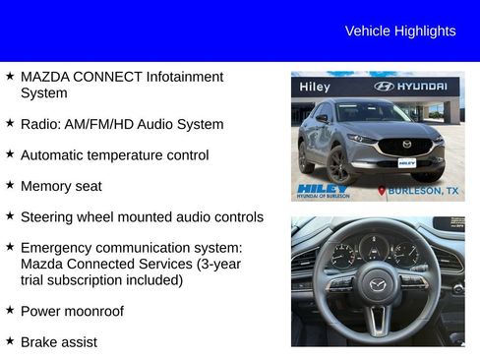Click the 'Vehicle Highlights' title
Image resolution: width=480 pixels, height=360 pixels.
click(399, 31)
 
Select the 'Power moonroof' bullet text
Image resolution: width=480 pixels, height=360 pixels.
click(72, 311)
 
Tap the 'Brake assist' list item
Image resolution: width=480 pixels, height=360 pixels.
click(58, 341)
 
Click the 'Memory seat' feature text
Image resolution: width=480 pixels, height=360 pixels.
click(61, 186)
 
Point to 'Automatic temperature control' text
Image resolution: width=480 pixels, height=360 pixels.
click(114, 155)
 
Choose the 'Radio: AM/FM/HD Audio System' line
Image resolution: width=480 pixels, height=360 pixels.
click(122, 124)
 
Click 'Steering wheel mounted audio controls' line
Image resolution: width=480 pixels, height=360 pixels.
click(142, 216)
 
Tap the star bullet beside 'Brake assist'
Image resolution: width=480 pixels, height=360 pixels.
click(10, 340)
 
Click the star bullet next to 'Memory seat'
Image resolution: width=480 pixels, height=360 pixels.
click(10, 185)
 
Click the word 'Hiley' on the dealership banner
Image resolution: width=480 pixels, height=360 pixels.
click(315, 87)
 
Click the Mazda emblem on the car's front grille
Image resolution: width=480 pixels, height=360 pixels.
click(406, 145)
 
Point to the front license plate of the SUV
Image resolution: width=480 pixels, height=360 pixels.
click(406, 162)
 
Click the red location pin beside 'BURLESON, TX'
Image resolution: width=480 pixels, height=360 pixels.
click(382, 191)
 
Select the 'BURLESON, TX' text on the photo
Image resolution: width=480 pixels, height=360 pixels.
click(423, 191)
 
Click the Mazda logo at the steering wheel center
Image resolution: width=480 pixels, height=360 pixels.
click(377, 286)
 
